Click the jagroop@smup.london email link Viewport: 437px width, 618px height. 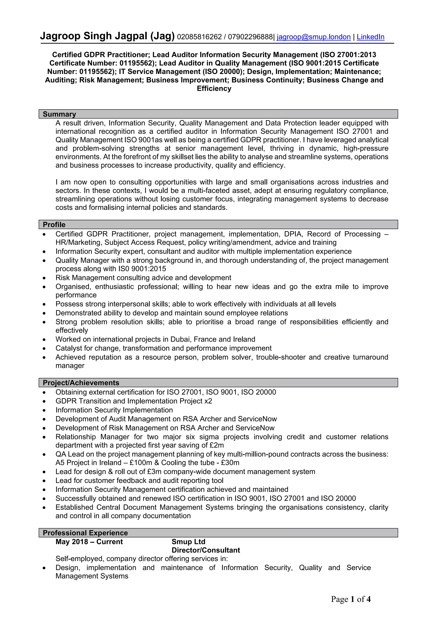click(x=313, y=37)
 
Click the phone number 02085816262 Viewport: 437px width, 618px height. click(x=199, y=37)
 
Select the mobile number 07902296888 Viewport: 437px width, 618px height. click(x=250, y=37)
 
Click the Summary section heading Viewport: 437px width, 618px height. click(x=59, y=114)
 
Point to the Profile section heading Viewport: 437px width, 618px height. click(x=54, y=224)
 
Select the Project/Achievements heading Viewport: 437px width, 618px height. click(x=81, y=383)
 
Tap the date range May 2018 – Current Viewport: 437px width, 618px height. click(x=89, y=542)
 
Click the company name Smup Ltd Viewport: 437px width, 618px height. click(x=188, y=542)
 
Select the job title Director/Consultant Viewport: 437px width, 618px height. click(x=205, y=550)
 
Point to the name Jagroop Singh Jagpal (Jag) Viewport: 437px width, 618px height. click(x=107, y=36)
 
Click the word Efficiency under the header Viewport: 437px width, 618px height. click(x=214, y=89)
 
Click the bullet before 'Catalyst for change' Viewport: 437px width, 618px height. click(x=44, y=348)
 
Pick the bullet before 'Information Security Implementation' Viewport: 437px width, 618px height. click(x=44, y=410)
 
